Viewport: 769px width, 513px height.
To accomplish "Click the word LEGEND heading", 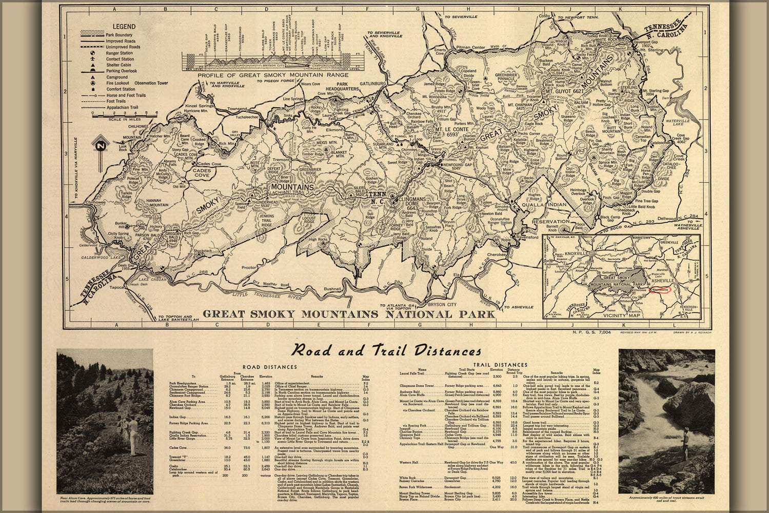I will click(124, 26).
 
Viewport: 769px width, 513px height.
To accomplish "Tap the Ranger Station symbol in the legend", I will click(93, 53).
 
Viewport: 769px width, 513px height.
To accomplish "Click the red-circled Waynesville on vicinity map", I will click(660, 289).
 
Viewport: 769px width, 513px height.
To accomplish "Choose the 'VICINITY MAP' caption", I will click(620, 315).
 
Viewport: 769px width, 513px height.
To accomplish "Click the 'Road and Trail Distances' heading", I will click(385, 351).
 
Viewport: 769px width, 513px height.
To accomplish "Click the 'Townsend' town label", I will click(238, 109).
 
